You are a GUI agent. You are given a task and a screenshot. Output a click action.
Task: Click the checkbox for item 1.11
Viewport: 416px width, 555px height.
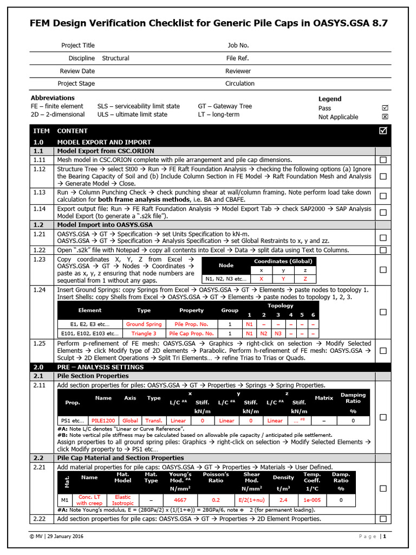[x=383, y=160]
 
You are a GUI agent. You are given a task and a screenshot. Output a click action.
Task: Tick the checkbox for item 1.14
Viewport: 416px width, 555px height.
[x=383, y=212]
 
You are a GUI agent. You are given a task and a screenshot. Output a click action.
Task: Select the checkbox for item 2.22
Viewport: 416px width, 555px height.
[x=383, y=519]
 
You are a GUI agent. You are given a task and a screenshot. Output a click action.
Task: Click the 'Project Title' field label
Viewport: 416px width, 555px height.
[x=78, y=46]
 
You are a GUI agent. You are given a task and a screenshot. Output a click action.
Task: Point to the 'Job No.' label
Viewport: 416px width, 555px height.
[x=238, y=46]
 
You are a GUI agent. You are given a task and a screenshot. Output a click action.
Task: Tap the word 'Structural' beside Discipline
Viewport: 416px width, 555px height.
[x=115, y=58]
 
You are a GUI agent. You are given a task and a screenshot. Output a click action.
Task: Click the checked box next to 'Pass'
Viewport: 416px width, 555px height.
[x=385, y=108]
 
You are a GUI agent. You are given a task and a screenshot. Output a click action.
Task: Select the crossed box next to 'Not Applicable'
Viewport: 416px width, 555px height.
[x=385, y=117]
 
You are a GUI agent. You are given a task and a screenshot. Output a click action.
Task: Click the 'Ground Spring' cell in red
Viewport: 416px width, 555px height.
[x=144, y=324]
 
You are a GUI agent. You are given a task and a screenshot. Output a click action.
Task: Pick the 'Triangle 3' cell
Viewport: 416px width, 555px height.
[x=144, y=333]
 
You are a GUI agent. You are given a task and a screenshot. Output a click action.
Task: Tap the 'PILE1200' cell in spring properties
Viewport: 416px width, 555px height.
[x=103, y=421]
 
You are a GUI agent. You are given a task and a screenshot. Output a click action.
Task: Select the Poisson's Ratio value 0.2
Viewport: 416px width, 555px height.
[x=216, y=500]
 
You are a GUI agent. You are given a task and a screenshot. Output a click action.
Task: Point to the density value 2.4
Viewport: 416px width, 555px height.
[x=283, y=500]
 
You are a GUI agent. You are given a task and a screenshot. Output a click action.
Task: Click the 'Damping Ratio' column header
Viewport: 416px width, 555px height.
[x=353, y=398]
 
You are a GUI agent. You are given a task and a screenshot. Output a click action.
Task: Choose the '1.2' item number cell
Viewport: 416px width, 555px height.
[x=42, y=224]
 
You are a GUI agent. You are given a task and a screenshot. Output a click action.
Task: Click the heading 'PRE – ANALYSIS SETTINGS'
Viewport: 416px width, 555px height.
[x=93, y=367]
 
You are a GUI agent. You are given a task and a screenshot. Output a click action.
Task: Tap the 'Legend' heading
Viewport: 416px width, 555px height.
[x=330, y=99]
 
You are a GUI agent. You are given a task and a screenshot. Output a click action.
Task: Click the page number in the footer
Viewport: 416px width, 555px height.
[x=385, y=537]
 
